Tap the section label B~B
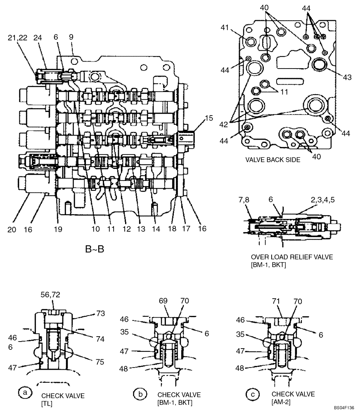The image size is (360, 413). tap(95, 249)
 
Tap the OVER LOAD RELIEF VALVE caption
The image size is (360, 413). tap(291, 257)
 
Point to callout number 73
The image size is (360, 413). tap(100, 313)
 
